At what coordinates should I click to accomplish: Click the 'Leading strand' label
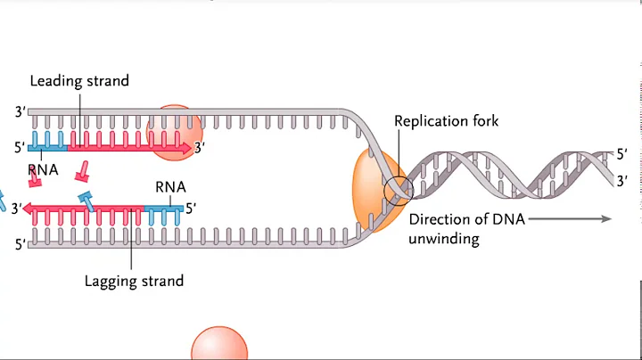point(79,81)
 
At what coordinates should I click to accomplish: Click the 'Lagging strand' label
point(134,281)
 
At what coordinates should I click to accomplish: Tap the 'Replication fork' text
point(447,122)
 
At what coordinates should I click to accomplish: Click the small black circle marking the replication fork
point(399,190)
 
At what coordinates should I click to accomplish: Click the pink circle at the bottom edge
point(219,346)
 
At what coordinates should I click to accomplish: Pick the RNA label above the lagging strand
point(170,187)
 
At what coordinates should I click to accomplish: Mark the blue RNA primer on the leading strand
point(47,147)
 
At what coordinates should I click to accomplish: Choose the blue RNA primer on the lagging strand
point(164,209)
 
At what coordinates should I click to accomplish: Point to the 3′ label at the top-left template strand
point(20,112)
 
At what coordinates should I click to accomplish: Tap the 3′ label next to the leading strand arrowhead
point(202,148)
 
